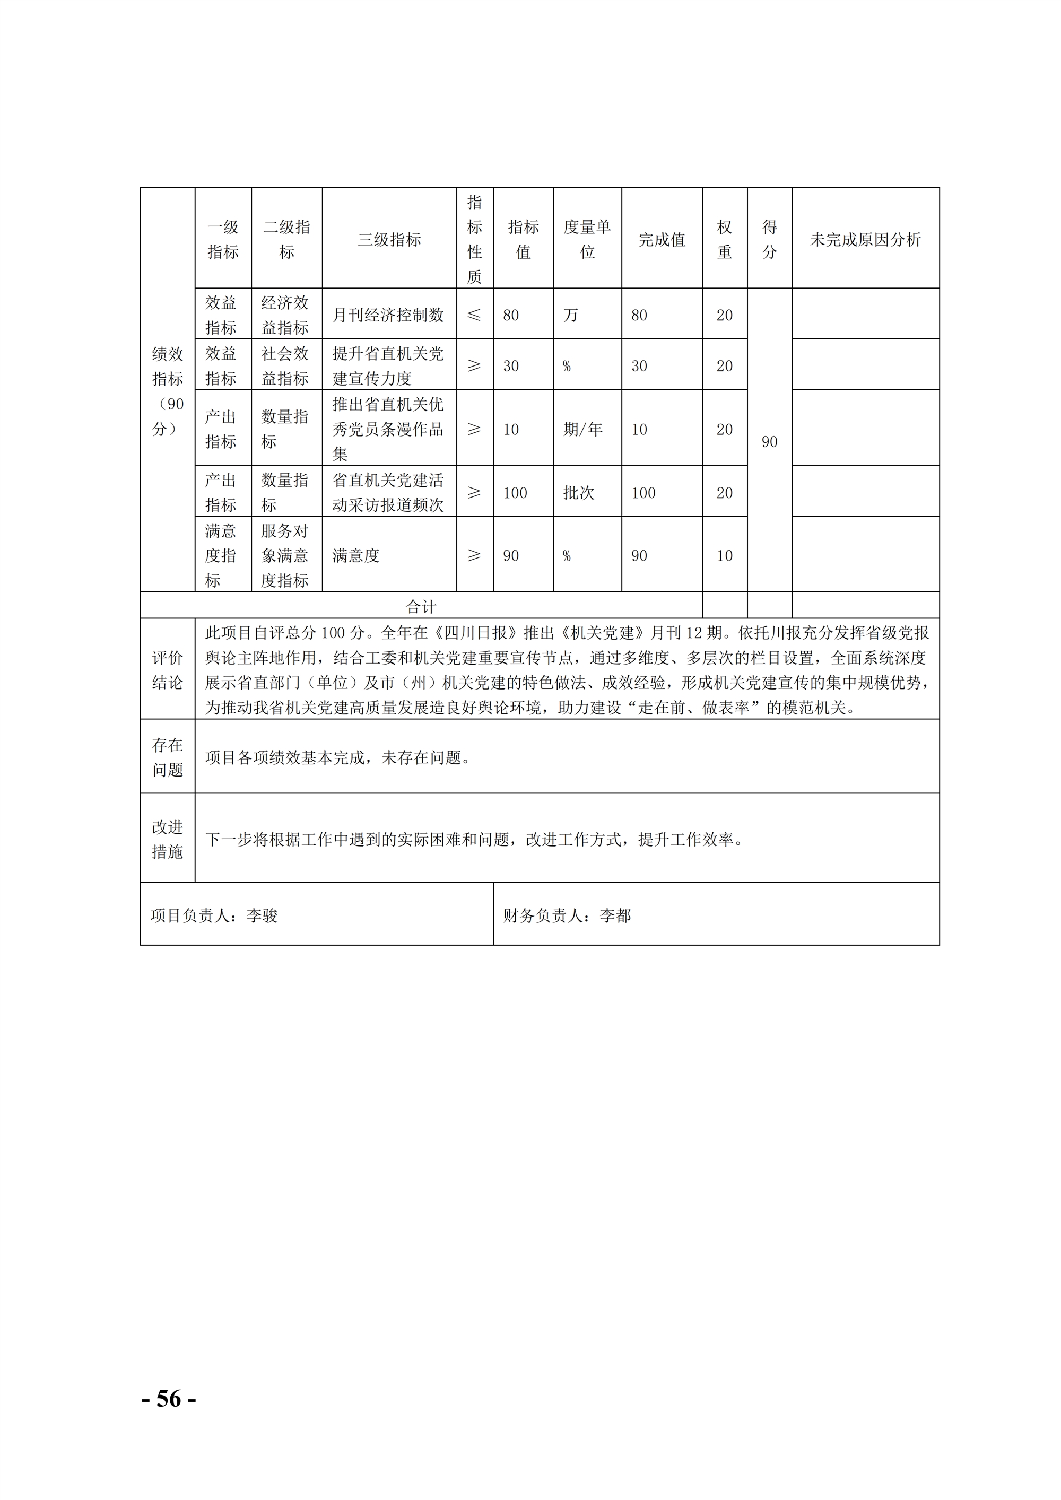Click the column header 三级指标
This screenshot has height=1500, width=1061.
click(x=389, y=240)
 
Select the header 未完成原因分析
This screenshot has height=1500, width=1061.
click(x=865, y=240)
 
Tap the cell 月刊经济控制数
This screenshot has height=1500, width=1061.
click(x=388, y=315)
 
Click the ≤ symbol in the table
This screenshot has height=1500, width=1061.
click(x=474, y=315)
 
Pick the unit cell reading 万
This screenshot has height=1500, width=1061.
click(x=571, y=315)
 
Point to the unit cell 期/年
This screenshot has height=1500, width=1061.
click(x=583, y=429)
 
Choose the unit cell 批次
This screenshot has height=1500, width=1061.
click(x=579, y=493)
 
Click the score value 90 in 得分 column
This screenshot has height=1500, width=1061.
click(x=769, y=442)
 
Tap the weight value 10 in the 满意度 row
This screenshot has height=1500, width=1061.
click(x=724, y=555)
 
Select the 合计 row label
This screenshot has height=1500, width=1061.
click(x=421, y=606)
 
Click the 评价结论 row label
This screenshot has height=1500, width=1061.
click(x=167, y=669)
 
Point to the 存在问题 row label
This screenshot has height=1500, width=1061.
click(x=167, y=757)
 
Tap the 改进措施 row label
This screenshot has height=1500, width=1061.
click(x=167, y=839)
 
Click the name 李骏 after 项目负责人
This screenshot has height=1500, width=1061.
click(x=263, y=915)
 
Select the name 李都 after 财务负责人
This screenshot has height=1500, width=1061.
click(x=615, y=915)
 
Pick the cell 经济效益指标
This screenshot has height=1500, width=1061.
click(x=285, y=315)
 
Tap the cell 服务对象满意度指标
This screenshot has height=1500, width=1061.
click(x=285, y=555)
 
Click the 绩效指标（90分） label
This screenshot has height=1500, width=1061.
click(x=167, y=391)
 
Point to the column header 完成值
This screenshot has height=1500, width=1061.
click(x=662, y=240)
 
